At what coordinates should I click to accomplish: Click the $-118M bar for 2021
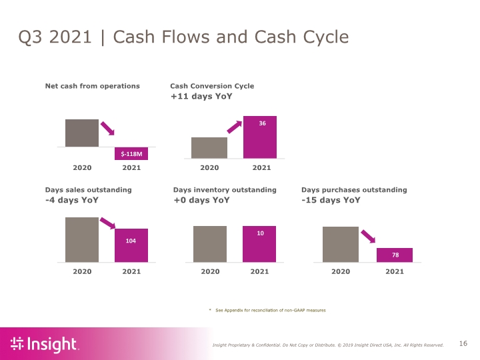[x=131, y=153]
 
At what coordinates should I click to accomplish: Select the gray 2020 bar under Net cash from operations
[x=82, y=133]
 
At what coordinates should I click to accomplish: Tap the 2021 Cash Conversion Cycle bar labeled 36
[x=260, y=137]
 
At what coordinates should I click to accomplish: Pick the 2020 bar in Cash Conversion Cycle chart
[x=209, y=148]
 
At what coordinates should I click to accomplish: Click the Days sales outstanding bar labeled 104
[x=131, y=245]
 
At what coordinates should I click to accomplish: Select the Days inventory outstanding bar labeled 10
[x=259, y=244]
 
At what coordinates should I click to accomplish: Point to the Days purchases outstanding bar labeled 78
[x=395, y=255]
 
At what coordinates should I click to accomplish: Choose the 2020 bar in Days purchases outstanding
[x=341, y=244]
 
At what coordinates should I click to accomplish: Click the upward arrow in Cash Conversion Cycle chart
[x=235, y=127]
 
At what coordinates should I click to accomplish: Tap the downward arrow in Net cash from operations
[x=107, y=128]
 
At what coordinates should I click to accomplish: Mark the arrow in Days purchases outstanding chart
[x=368, y=237]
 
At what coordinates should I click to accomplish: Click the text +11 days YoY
[x=201, y=97]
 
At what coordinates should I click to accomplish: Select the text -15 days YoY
[x=331, y=200]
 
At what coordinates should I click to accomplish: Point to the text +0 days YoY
[x=201, y=200]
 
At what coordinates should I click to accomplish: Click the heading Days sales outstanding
[x=89, y=190]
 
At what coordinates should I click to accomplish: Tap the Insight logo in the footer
[x=45, y=344]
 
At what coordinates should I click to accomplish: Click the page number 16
[x=463, y=343]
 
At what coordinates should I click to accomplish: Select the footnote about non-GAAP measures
[x=267, y=311]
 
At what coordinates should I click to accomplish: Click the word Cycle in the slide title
[x=326, y=37]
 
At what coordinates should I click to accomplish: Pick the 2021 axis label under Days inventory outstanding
[x=259, y=271]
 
